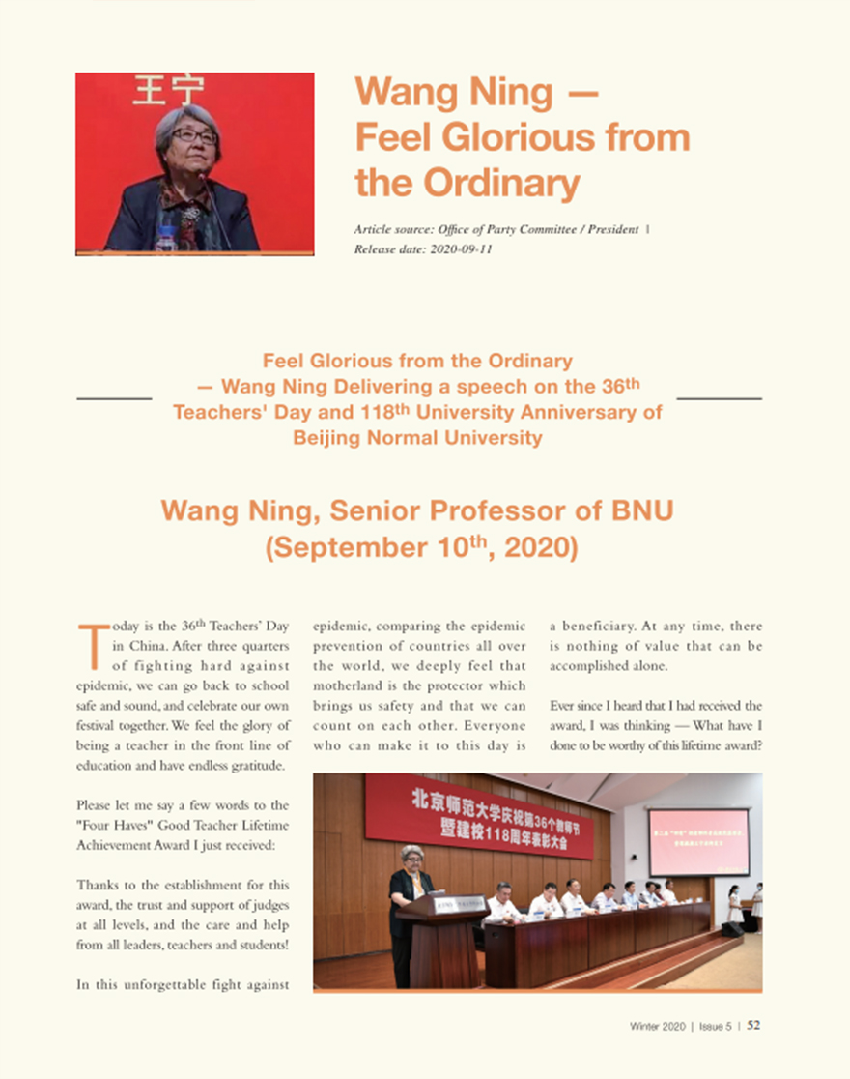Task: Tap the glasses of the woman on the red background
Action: (193, 136)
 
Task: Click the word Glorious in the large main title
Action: (521, 137)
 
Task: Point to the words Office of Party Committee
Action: (508, 229)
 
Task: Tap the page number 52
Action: (753, 1026)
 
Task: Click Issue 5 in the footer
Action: (716, 1026)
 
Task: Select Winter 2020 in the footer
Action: (658, 1026)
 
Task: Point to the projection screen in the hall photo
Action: (698, 842)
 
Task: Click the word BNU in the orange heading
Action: (637, 510)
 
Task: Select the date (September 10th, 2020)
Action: (421, 548)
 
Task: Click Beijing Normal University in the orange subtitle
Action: (417, 437)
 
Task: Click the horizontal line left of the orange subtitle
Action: (114, 398)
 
